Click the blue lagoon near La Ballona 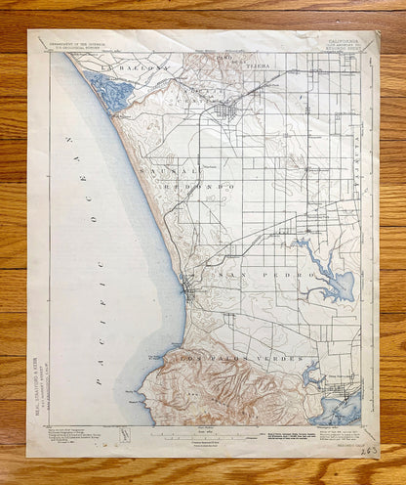point(111,93)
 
